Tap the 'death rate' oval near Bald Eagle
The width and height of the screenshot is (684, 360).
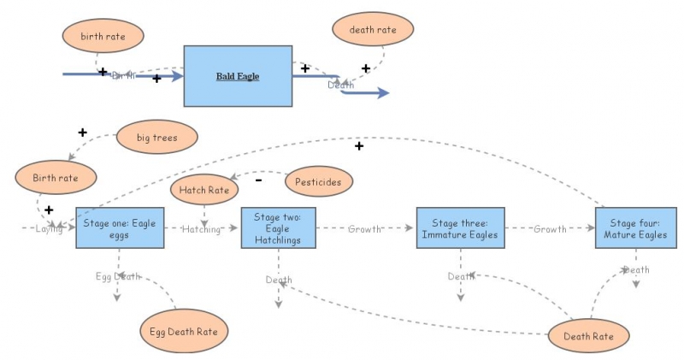(373, 30)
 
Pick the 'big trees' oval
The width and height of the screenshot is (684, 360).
(156, 137)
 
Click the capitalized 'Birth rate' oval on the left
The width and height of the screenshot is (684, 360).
(56, 178)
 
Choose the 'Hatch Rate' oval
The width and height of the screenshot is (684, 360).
(204, 190)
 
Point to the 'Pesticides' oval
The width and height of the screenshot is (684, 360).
(319, 181)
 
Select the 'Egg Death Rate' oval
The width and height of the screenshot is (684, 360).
(184, 330)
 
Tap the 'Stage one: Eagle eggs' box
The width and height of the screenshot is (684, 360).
(108, 227)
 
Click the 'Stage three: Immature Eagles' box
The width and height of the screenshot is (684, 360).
(463, 228)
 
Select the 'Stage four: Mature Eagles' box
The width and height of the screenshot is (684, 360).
(630, 228)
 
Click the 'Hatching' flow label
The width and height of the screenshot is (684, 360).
(201, 229)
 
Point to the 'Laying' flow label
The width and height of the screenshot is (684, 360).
(49, 229)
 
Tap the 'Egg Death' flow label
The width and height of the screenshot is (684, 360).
(118, 276)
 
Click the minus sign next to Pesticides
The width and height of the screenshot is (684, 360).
(259, 180)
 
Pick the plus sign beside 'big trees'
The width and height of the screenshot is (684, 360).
(83, 133)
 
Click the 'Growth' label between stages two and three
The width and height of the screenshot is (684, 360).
(364, 229)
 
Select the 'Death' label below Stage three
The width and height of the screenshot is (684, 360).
(461, 276)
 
